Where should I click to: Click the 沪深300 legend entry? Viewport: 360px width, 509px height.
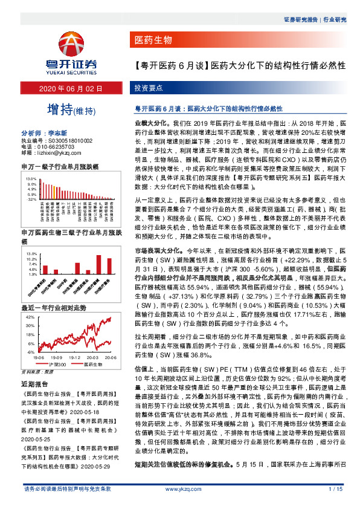pyautogui.click(x=56, y=365)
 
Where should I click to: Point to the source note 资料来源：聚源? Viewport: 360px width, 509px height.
pyautogui.click(x=37, y=372)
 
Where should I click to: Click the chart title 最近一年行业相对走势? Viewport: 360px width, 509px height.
pyautogui.click(x=53, y=308)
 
